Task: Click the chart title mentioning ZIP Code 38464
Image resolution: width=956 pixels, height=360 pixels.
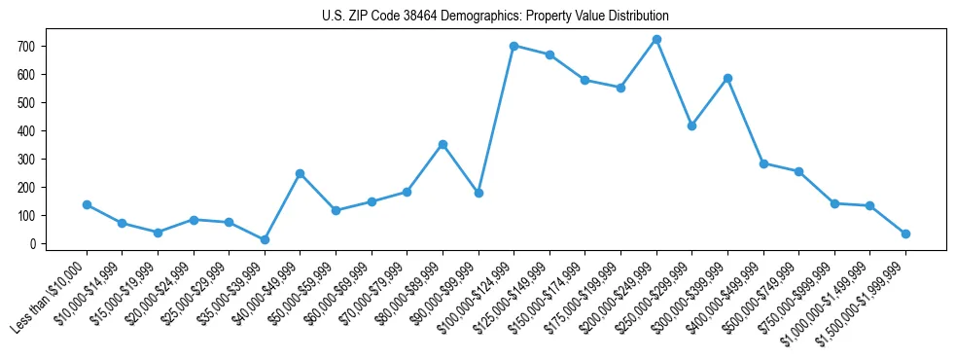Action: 495,16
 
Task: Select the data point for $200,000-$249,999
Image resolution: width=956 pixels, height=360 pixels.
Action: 656,40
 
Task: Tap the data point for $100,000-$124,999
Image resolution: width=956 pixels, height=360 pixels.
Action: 513,46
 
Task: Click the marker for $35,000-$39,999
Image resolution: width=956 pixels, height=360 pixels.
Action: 265,239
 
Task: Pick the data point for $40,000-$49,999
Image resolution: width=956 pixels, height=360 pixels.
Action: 300,173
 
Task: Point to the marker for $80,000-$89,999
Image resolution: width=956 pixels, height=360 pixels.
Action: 443,144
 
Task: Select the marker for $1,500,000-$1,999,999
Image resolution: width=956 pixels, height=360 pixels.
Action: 905,234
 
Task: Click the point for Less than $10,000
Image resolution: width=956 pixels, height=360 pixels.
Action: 87,204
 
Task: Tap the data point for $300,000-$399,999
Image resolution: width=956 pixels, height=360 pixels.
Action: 727,78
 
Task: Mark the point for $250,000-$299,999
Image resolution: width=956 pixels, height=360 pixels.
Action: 691,126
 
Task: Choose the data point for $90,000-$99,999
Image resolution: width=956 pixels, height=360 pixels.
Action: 478,193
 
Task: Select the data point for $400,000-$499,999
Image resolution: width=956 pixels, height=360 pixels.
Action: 763,163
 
